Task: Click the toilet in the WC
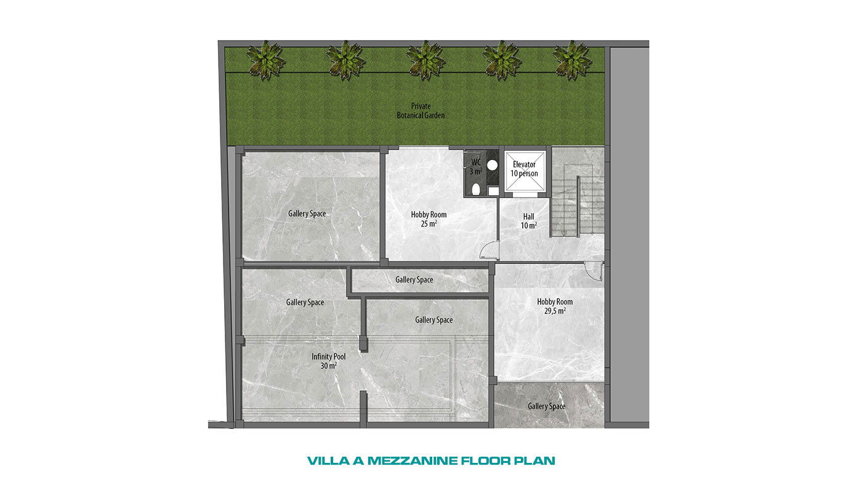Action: [476, 189]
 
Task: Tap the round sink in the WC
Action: [492, 166]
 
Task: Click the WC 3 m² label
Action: [476, 167]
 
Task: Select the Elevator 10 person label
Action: [524, 169]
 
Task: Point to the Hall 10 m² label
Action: [529, 221]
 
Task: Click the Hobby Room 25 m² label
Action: [429, 219]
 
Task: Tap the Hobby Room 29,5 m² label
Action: [555, 306]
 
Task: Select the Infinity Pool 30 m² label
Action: [329, 361]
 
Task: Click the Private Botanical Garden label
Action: [421, 110]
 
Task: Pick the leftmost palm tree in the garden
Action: [266, 61]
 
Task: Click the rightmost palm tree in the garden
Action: [572, 61]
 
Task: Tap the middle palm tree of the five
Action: [425, 61]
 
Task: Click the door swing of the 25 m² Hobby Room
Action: [489, 249]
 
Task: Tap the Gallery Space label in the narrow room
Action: [414, 280]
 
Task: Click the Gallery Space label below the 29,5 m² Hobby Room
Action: [547, 406]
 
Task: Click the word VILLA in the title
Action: [328, 460]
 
